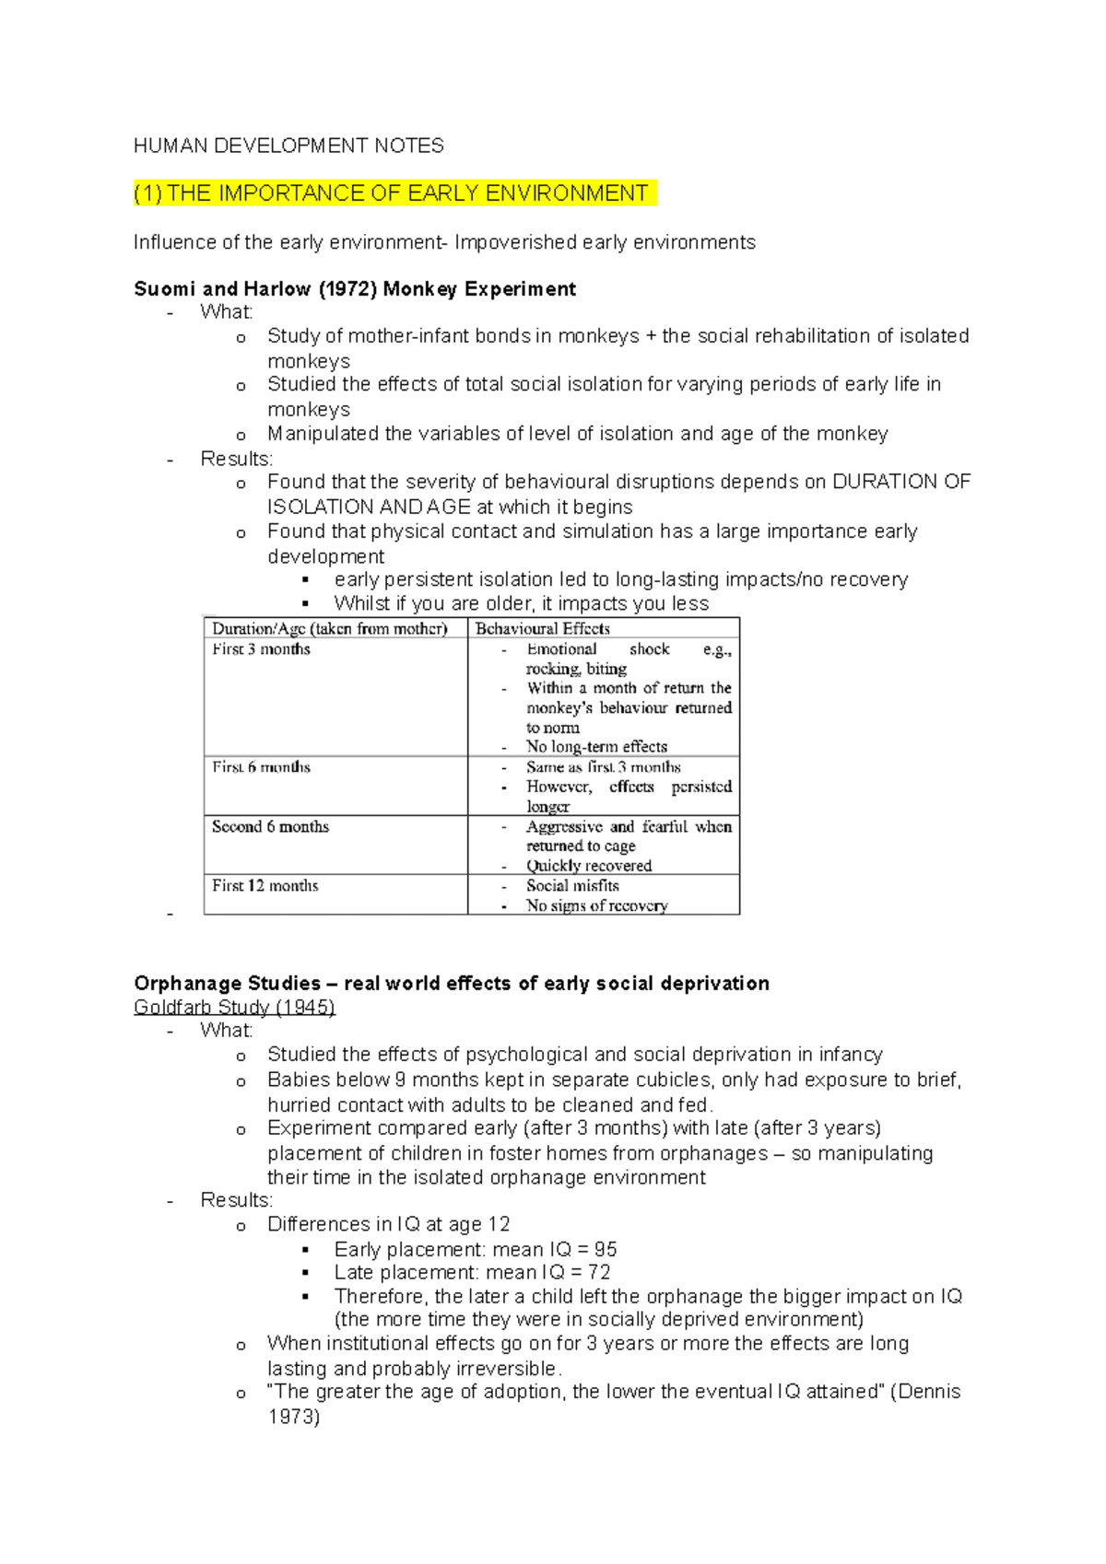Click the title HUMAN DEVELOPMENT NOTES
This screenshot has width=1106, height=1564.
point(288,146)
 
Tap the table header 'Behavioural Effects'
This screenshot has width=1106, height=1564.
point(542,628)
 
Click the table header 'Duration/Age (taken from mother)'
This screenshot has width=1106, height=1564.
point(329,628)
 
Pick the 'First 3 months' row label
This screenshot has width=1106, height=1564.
point(261,649)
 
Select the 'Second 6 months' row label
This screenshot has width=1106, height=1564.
point(270,826)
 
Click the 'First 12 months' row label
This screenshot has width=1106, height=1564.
point(265,885)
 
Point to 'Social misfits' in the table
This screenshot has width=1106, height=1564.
point(572,885)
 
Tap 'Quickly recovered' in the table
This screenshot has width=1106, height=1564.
point(588,866)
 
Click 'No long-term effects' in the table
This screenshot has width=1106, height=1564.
point(596,747)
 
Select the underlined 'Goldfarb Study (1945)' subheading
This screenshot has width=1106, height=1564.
point(234,1007)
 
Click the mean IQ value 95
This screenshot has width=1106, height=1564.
point(606,1250)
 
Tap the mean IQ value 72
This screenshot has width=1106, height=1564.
point(599,1273)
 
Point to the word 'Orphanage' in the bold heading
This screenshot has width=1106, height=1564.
point(182,983)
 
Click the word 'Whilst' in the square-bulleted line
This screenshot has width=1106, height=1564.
point(362,603)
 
